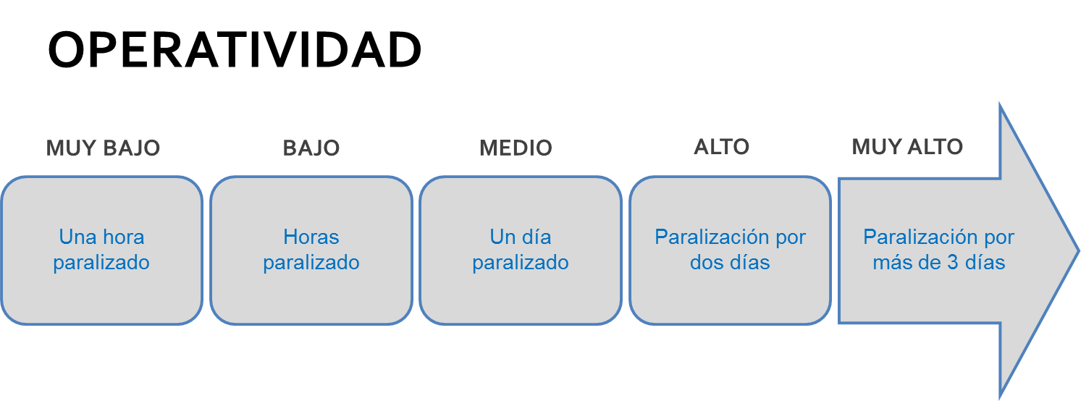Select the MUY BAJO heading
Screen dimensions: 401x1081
(103, 148)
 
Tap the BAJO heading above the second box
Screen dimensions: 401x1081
(311, 148)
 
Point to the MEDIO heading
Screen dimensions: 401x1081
(516, 148)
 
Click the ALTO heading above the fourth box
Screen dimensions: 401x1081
(721, 147)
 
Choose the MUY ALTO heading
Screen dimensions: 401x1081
(907, 147)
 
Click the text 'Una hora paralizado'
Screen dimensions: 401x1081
(101, 250)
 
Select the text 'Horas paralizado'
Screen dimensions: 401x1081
(311, 250)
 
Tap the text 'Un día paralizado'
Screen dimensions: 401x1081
(521, 250)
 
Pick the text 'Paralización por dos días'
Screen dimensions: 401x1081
(730, 250)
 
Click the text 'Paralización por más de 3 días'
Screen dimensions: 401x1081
(939, 250)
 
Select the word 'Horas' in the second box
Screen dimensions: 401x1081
(311, 237)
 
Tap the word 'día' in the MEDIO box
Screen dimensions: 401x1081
(536, 237)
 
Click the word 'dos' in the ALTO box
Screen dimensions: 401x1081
(706, 262)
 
